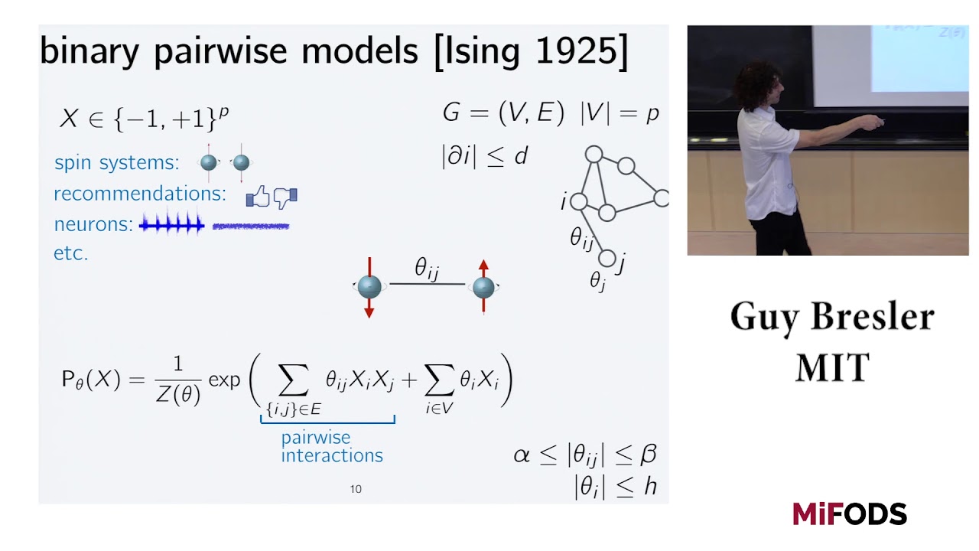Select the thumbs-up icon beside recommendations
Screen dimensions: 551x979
(259, 198)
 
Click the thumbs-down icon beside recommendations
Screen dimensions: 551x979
(285, 198)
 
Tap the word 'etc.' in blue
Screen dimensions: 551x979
(71, 253)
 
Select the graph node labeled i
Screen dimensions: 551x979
(579, 201)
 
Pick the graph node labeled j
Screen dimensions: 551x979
(607, 259)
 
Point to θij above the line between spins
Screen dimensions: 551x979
(427, 269)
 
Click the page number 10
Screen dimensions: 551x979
(356, 489)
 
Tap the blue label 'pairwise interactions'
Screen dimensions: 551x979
(331, 447)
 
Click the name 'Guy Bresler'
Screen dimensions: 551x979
(831, 317)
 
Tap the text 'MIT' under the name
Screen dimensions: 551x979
(832, 368)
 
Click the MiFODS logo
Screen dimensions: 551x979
(849, 514)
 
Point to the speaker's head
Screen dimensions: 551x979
(756, 84)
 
